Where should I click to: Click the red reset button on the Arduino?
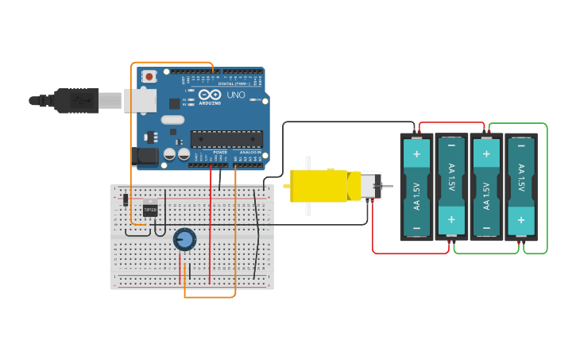[149, 76]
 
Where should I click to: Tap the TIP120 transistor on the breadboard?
[149, 211]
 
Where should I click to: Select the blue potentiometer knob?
[184, 239]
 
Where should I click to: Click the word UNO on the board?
[236, 95]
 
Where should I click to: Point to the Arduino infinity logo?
[210, 95]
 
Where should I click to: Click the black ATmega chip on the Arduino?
[226, 139]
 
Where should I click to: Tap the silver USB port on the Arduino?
[139, 100]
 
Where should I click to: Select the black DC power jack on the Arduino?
[147, 157]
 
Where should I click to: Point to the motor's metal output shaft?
[388, 186]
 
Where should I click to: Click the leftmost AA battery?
[416, 187]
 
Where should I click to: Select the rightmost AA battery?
[521, 187]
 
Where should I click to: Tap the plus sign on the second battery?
[451, 219]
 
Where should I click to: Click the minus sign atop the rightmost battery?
[521, 145]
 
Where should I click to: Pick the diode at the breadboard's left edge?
[126, 199]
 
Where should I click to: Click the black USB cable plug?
[75, 101]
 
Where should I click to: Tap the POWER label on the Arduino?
[220, 152]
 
